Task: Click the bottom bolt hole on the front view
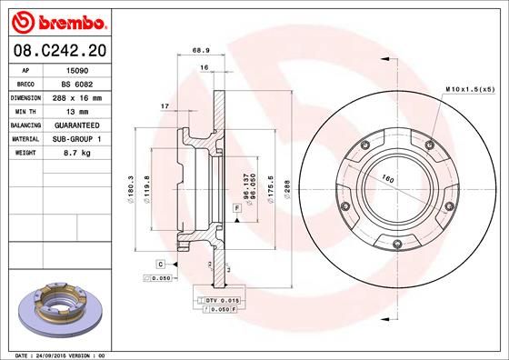[x=397, y=242]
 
